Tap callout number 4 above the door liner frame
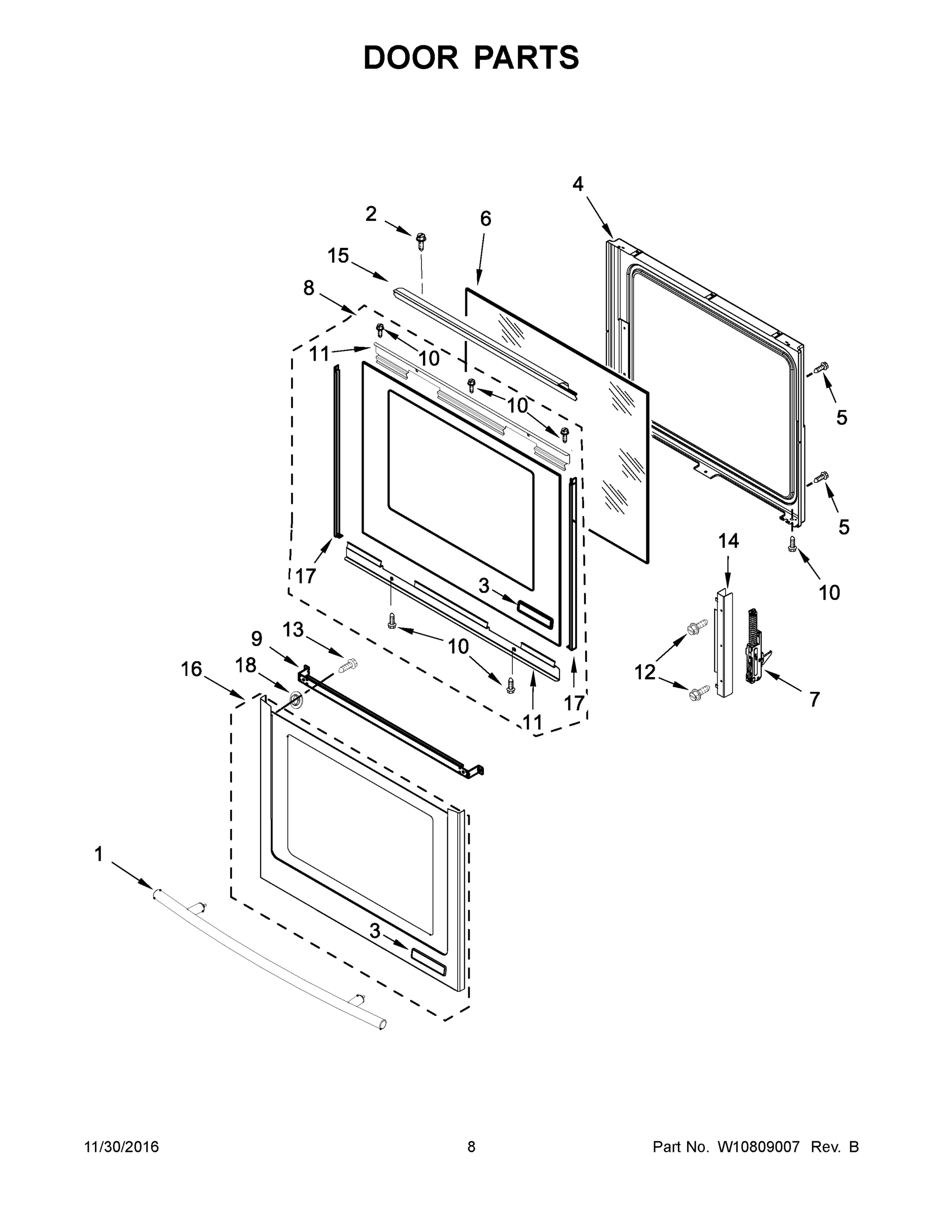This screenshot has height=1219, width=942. [x=577, y=184]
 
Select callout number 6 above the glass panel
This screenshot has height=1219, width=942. [x=485, y=219]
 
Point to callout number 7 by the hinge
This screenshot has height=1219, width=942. [x=814, y=699]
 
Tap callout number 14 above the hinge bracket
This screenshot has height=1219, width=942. [x=728, y=540]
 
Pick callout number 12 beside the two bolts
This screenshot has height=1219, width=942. [x=644, y=672]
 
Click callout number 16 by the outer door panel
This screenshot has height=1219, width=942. [x=191, y=668]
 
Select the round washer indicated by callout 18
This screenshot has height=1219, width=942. [x=295, y=699]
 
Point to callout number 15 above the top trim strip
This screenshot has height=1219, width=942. [x=338, y=255]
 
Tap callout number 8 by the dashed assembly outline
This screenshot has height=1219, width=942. [x=309, y=288]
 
